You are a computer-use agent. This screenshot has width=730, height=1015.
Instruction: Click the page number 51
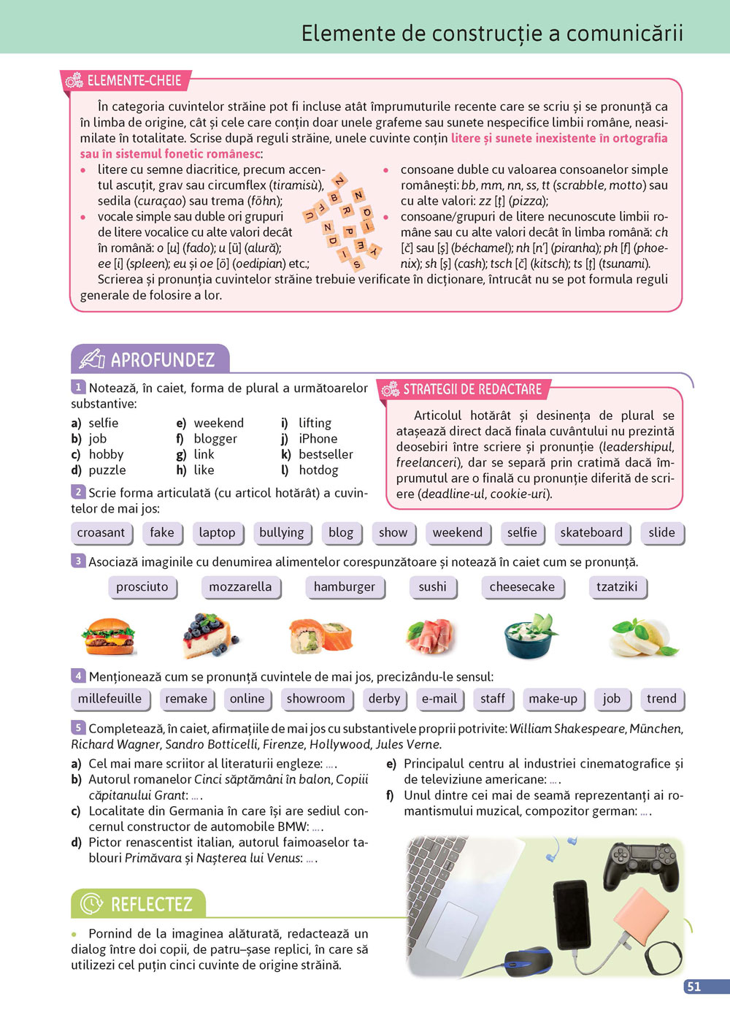click(x=693, y=987)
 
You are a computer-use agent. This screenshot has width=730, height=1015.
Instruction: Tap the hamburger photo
click(x=108, y=636)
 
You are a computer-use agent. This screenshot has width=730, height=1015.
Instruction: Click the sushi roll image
click(x=320, y=635)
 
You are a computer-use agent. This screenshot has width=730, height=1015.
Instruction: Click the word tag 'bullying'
click(x=282, y=532)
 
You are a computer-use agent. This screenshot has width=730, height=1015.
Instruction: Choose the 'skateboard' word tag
click(x=591, y=532)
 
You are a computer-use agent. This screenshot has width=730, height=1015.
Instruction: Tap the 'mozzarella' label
click(x=240, y=586)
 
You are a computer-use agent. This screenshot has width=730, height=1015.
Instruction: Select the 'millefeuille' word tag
click(x=110, y=698)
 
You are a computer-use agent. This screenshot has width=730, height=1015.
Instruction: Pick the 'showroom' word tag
click(x=315, y=698)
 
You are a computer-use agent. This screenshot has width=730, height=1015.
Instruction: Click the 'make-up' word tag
click(x=553, y=698)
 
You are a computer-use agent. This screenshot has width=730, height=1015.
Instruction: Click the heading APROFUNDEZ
click(x=162, y=359)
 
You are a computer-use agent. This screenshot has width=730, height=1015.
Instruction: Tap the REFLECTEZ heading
click(x=151, y=904)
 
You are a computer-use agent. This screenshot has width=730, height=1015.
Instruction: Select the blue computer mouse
click(x=528, y=960)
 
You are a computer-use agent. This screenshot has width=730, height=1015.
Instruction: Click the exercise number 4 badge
click(x=78, y=676)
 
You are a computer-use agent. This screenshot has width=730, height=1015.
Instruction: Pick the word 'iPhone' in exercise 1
click(x=318, y=439)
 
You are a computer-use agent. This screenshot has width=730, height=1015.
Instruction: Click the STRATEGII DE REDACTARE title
click(x=472, y=389)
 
